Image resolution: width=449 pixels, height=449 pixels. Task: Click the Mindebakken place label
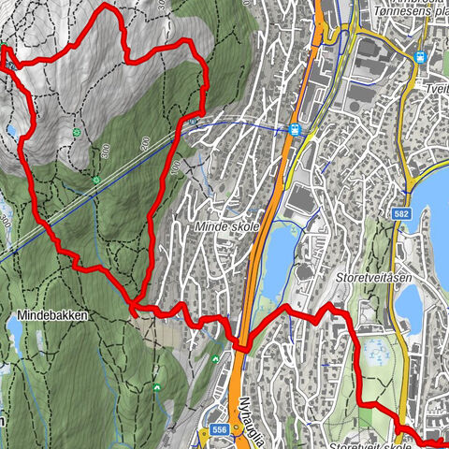[51, 316]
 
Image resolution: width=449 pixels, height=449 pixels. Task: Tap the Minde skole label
[226, 227]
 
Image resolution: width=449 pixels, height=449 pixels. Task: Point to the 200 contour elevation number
[146, 142]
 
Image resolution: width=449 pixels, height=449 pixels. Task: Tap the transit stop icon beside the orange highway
[295, 130]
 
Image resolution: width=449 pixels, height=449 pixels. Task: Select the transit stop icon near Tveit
[422, 56]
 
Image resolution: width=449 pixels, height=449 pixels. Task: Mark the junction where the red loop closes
[134, 304]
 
